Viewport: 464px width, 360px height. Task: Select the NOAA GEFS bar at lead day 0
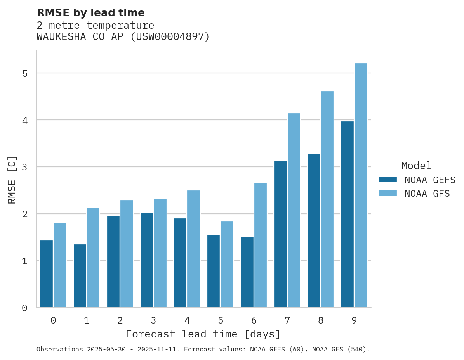tap(47, 274)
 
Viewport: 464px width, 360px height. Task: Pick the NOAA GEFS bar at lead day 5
tap(214, 271)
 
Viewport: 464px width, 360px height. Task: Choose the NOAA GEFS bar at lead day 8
tap(314, 231)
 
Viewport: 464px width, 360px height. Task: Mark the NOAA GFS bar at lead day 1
tap(93, 258)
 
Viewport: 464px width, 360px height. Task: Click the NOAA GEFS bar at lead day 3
tap(147, 260)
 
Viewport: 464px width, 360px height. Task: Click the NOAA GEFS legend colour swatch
tap(388, 180)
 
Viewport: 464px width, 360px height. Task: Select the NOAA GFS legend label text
tap(427, 194)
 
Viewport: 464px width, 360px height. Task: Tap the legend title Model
tap(416, 166)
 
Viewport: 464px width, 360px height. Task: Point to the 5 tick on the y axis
tap(24, 73)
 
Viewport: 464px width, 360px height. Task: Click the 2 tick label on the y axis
tap(24, 214)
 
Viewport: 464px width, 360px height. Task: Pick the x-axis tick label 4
tap(187, 321)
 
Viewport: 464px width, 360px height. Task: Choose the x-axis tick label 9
tap(354, 321)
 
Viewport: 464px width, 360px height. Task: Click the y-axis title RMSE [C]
tap(12, 179)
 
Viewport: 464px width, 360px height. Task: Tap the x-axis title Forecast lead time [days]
tap(203, 334)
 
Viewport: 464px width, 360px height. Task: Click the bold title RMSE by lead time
tap(90, 13)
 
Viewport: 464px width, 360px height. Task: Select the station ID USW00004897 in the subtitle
tap(169, 37)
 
